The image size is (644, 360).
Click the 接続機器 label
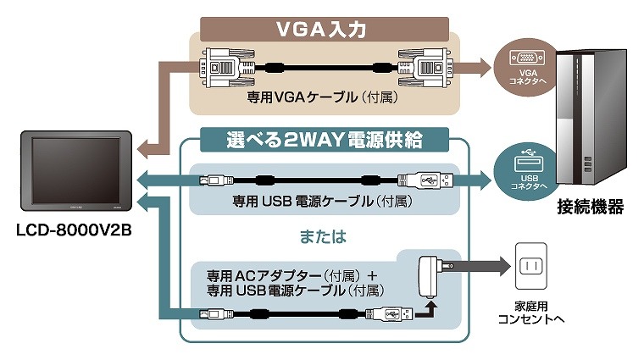[591, 207]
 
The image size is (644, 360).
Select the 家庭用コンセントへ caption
[531, 314]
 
